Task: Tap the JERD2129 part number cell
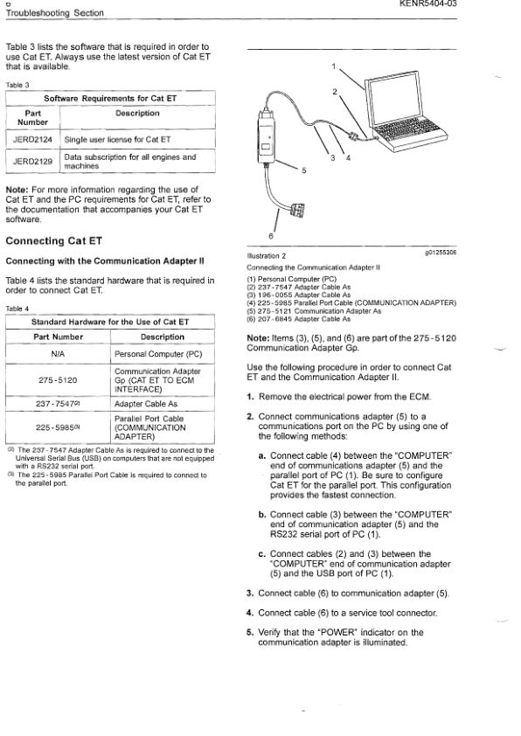coord(32,162)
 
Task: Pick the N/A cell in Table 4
coord(58,356)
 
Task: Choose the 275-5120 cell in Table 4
coord(58,380)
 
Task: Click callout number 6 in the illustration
coord(271,236)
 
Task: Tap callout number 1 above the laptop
coord(334,66)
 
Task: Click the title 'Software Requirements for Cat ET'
coord(110,98)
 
